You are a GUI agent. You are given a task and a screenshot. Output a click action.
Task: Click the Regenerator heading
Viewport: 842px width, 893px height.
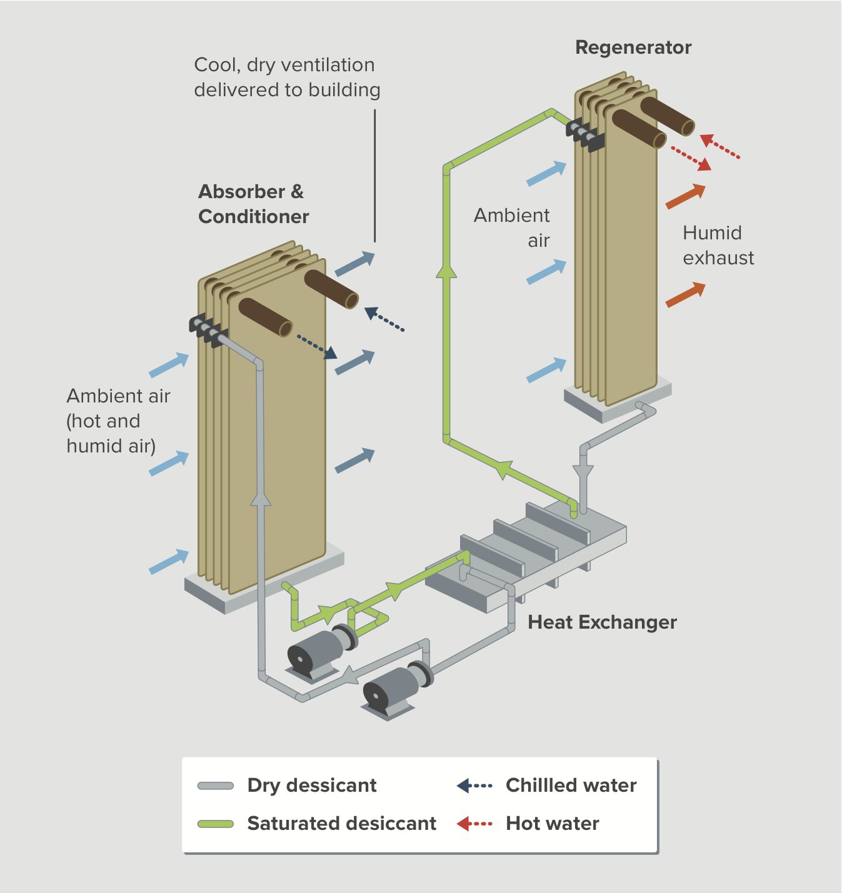[633, 47]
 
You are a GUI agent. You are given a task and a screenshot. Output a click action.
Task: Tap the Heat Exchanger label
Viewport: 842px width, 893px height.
[602, 622]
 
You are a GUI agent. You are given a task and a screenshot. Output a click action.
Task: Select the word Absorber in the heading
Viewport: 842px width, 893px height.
[241, 191]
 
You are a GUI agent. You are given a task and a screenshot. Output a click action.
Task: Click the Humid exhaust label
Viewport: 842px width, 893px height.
[718, 245]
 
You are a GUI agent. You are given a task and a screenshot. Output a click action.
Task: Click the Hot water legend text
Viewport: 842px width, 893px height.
[552, 823]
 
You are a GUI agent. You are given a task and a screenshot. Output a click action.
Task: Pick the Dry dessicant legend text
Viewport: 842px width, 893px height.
[312, 785]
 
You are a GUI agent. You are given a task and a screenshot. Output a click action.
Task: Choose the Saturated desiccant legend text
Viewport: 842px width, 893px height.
[341, 823]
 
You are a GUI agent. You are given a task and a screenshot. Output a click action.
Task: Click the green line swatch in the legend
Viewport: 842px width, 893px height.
[216, 824]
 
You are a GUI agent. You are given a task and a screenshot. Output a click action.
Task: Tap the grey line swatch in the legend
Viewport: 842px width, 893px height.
[216, 786]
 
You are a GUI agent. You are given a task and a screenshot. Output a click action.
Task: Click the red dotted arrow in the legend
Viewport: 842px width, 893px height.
[474, 824]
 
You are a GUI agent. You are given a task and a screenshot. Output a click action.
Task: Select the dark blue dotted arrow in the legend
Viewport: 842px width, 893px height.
[474, 786]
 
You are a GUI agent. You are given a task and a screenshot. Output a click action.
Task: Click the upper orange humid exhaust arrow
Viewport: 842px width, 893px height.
[686, 196]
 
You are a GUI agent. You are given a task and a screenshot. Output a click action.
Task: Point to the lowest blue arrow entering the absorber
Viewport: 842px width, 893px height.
[169, 561]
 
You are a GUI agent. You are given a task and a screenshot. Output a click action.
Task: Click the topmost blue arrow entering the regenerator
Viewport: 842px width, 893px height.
[546, 173]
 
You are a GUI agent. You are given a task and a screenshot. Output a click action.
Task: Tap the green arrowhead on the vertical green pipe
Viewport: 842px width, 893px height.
[446, 271]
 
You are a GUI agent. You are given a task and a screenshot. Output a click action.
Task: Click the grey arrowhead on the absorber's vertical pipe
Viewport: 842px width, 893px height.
[260, 499]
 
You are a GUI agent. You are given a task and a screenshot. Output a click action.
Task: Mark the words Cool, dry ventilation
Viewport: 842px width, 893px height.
[284, 65]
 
